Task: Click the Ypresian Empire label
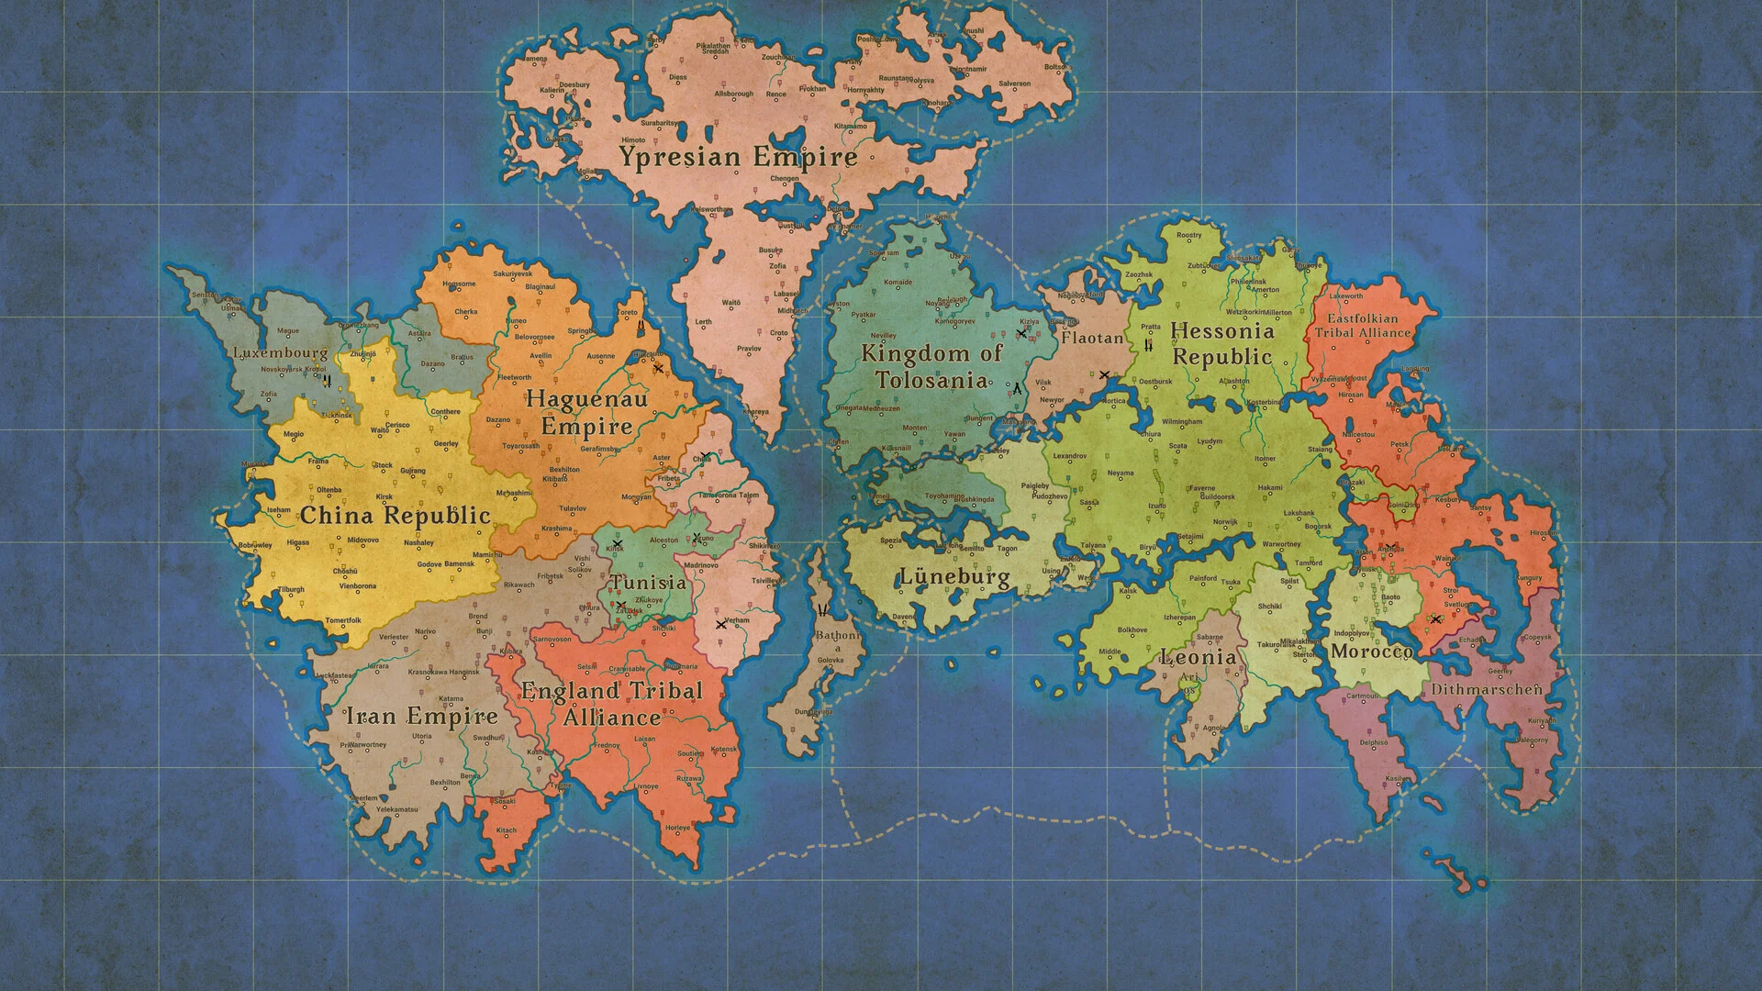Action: tap(738, 157)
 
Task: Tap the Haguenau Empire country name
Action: tap(586, 413)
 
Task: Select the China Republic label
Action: tap(396, 516)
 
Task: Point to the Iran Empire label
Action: tap(421, 716)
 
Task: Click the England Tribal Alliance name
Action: tap(611, 704)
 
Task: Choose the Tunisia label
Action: tap(649, 583)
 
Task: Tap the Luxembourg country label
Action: tap(280, 352)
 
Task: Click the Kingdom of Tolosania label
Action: tap(931, 367)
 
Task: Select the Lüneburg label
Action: tap(953, 577)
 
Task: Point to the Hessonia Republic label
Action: tap(1222, 344)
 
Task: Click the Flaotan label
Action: tap(1092, 338)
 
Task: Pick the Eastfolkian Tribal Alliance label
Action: tap(1363, 326)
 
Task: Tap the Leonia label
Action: tap(1198, 657)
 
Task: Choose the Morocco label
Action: tap(1371, 651)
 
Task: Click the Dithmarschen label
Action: tap(1486, 689)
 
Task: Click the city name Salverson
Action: tap(1014, 84)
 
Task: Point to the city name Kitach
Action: tap(507, 830)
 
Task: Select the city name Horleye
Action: tap(677, 828)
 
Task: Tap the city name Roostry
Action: tap(1188, 236)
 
